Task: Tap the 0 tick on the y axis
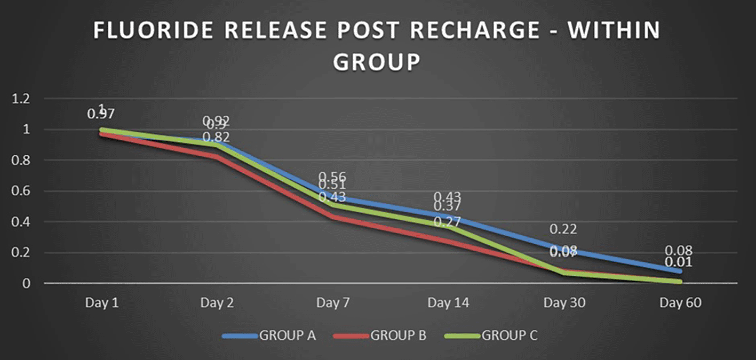tap(25, 283)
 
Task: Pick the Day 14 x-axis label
tap(448, 303)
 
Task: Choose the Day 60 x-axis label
tap(680, 303)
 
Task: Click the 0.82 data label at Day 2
tap(217, 137)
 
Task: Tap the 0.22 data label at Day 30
tap(564, 229)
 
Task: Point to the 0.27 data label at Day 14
tap(447, 222)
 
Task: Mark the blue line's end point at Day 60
tap(680, 271)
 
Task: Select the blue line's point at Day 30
tap(564, 249)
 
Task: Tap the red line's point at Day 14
tap(448, 242)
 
